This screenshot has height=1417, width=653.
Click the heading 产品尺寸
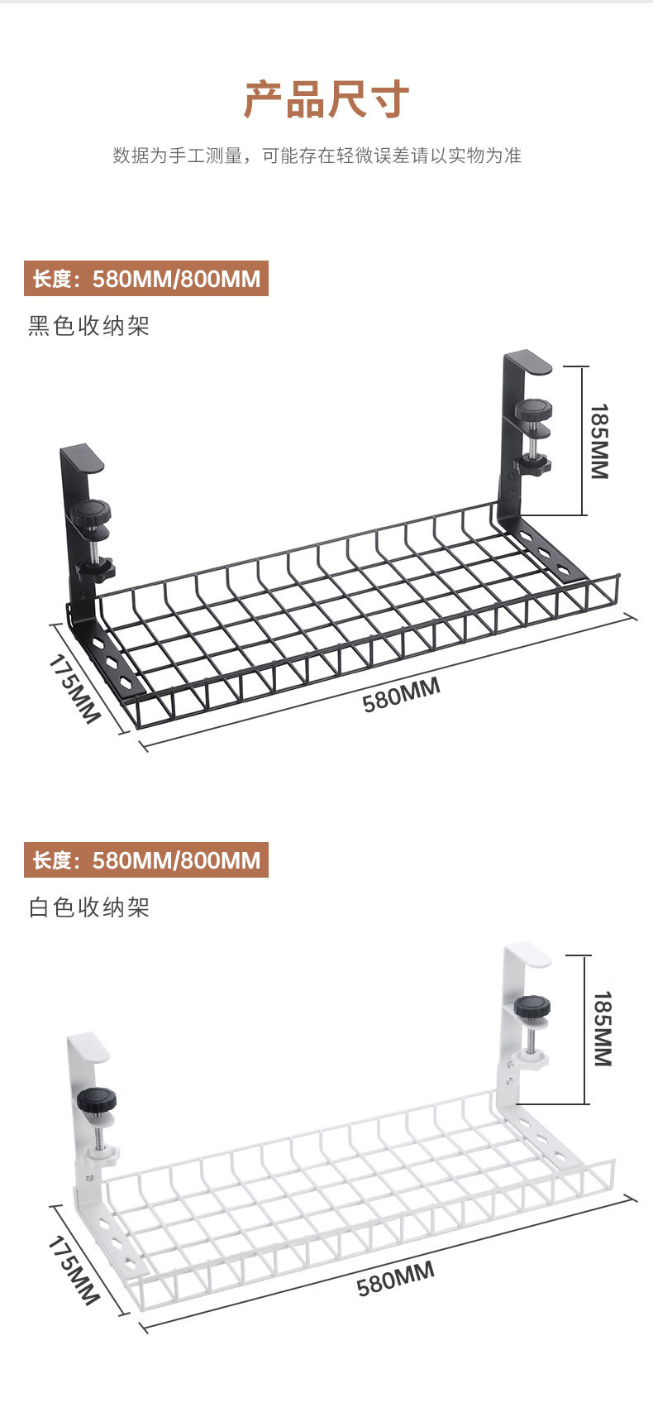(x=326, y=100)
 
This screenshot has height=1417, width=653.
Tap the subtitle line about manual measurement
(x=317, y=156)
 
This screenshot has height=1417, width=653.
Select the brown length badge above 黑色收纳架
(x=146, y=279)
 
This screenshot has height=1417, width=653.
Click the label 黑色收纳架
(x=89, y=326)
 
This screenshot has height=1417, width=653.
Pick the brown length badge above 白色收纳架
(x=146, y=861)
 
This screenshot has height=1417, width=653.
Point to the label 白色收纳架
(x=89, y=907)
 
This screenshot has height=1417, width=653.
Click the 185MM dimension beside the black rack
(x=599, y=441)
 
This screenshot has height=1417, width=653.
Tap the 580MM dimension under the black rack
(x=401, y=694)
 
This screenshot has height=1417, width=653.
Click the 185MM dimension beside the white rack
(x=602, y=1028)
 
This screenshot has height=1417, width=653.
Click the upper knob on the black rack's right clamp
(x=534, y=409)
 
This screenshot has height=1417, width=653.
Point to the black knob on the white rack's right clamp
(x=533, y=1008)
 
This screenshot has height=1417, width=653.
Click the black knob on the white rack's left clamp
(x=97, y=1102)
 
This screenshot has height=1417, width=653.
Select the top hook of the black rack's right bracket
(x=528, y=361)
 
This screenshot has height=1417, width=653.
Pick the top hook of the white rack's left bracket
(x=89, y=1046)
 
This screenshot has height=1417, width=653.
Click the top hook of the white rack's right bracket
(x=528, y=953)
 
